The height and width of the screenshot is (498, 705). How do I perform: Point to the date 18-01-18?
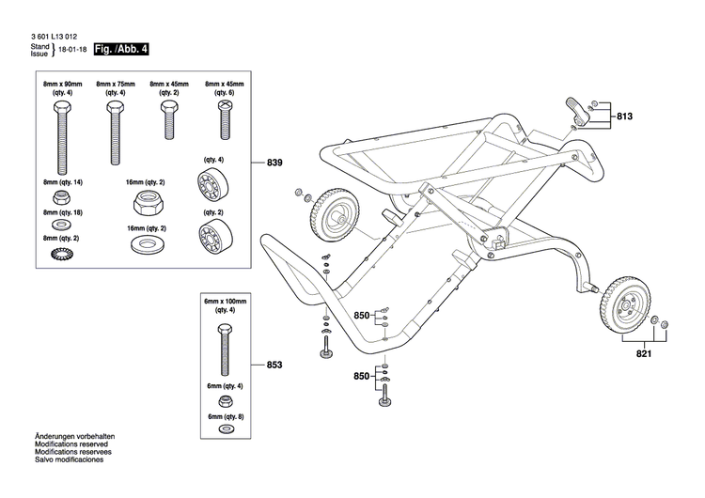[x=72, y=50]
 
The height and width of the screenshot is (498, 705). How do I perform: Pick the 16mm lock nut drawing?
[x=146, y=200]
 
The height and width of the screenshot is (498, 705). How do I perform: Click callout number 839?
[x=274, y=163]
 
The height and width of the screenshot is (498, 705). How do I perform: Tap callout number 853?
[x=274, y=365]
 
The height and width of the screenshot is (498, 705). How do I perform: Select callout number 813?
[x=625, y=117]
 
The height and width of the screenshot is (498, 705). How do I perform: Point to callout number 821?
[x=642, y=354]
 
